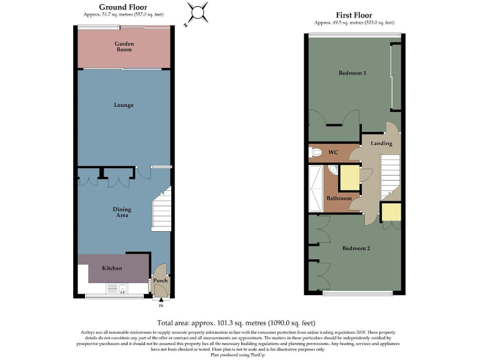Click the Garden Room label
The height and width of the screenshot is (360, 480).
click(123, 46)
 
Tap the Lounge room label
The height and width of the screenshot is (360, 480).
click(124, 105)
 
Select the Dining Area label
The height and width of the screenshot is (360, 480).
click(121, 212)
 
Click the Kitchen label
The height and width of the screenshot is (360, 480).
click(113, 268)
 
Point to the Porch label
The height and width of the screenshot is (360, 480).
click(161, 281)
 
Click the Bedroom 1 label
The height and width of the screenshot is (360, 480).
click(352, 73)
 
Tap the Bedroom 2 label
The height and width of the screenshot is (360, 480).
click(356, 249)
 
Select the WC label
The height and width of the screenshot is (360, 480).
click(333, 152)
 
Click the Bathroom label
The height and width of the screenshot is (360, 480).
click(339, 199)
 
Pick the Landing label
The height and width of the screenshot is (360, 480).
click(381, 144)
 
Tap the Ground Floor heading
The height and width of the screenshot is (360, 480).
click(123, 7)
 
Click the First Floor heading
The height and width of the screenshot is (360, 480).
click(354, 15)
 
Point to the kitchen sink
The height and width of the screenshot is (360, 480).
click(117, 288)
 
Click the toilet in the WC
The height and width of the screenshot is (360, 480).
click(316, 151)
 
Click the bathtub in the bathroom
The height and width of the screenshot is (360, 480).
click(316, 187)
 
